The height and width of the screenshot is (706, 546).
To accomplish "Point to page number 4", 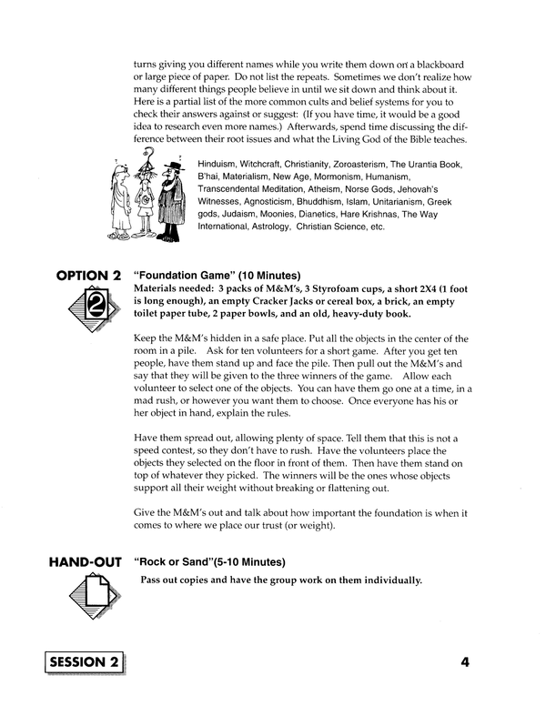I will tap(464, 662).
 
